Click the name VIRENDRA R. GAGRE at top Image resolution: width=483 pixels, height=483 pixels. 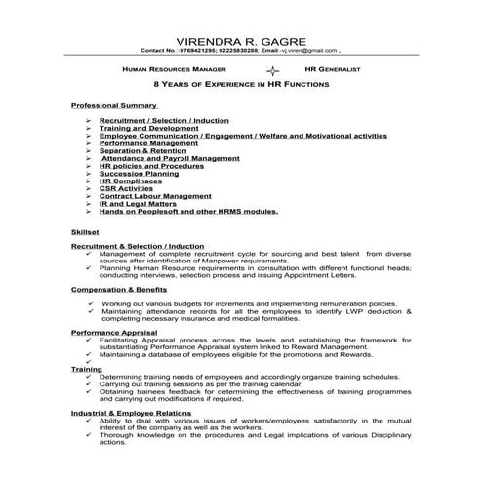coord(240,40)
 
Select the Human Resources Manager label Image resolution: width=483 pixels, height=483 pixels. coord(175,71)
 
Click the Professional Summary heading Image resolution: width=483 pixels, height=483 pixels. coord(114,104)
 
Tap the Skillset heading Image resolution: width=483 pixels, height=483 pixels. coord(86,231)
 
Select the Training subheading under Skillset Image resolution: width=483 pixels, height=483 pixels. coord(86,370)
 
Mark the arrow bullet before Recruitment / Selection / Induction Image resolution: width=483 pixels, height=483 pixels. coord(87,120)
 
